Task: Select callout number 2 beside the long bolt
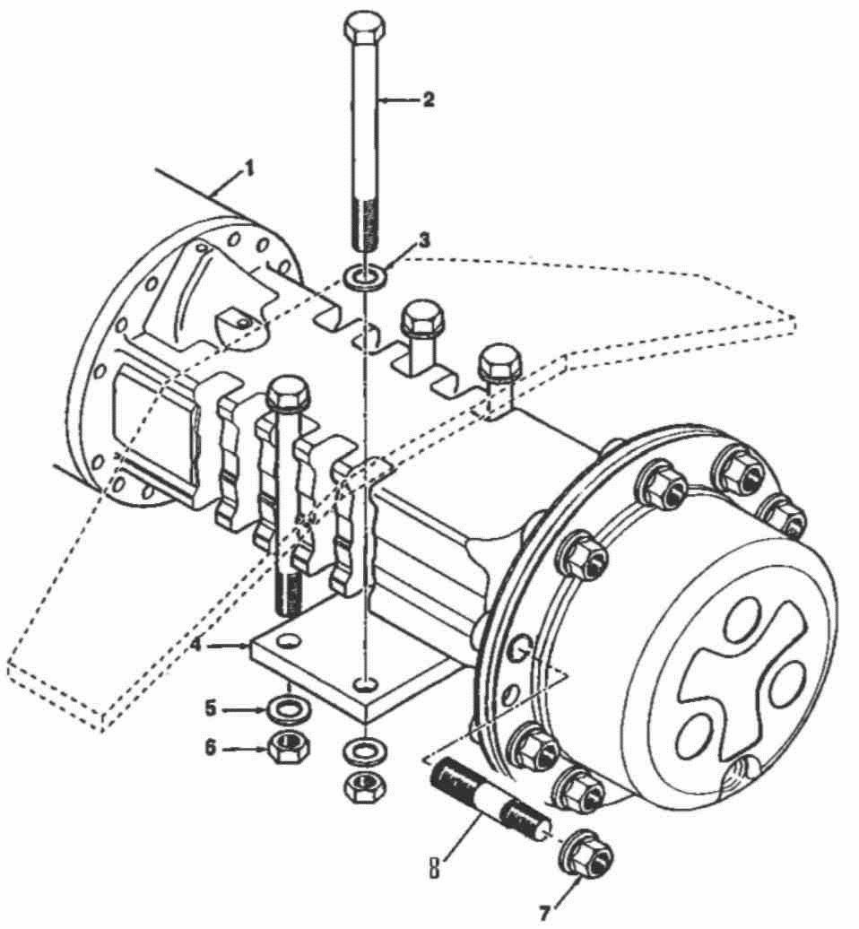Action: (429, 100)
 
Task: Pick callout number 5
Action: (211, 708)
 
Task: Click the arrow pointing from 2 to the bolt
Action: (399, 100)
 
